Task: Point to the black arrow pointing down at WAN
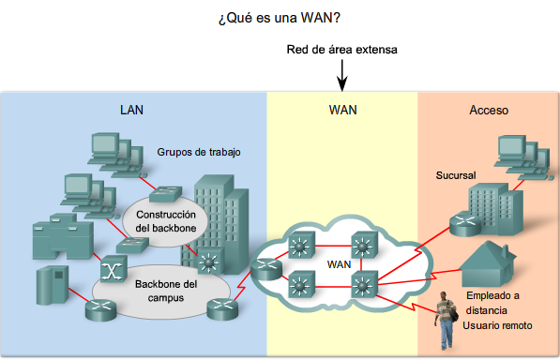(x=343, y=73)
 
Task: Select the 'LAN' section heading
(x=132, y=110)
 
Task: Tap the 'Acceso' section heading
(x=488, y=110)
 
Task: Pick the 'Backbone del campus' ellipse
(x=165, y=289)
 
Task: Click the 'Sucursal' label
(x=458, y=175)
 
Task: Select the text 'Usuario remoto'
(x=497, y=325)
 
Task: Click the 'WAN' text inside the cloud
(x=339, y=264)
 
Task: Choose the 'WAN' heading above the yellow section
(x=342, y=110)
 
